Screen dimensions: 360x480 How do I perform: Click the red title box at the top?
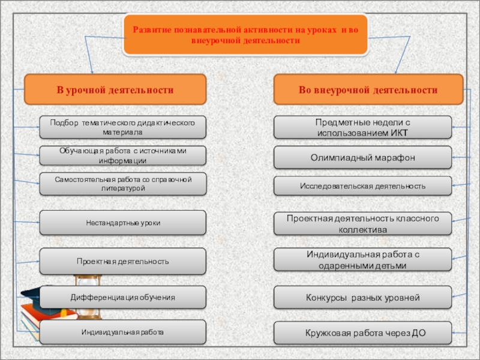(x=245, y=35)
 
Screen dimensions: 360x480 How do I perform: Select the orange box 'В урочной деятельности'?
(x=115, y=90)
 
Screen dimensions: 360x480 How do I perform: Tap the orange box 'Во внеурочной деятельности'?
(x=368, y=90)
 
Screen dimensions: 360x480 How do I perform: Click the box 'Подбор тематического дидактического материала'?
(x=122, y=127)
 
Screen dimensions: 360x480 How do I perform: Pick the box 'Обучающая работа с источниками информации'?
(x=122, y=155)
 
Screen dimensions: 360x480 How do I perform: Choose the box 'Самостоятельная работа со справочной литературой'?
(x=122, y=184)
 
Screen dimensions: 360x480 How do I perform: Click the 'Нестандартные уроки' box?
(x=122, y=223)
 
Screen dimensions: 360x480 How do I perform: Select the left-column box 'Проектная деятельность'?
(x=122, y=262)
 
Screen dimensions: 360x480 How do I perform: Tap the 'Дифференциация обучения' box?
(x=122, y=297)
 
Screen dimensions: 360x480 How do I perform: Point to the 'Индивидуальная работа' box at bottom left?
(x=122, y=332)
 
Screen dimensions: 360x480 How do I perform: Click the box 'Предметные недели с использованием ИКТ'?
(x=362, y=127)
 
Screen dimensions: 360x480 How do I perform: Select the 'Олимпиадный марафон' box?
(x=362, y=157)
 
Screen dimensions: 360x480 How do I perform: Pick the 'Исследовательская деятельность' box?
(x=362, y=186)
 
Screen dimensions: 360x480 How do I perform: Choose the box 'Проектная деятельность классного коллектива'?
(x=362, y=223)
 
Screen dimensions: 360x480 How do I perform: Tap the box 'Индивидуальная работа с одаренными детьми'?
(x=362, y=260)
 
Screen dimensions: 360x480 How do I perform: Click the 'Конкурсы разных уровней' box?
(x=362, y=297)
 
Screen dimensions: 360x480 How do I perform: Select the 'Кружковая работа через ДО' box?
(x=362, y=332)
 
